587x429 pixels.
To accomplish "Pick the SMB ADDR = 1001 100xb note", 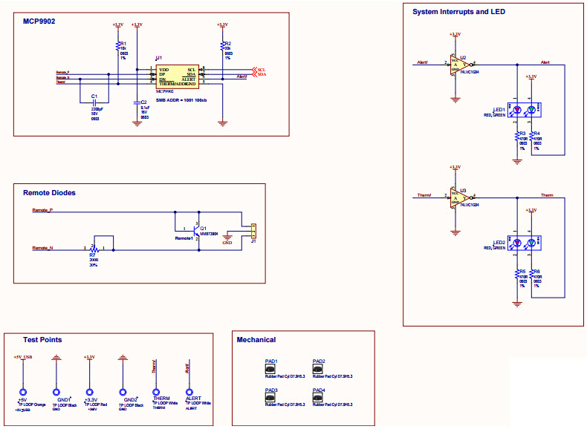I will [181, 99].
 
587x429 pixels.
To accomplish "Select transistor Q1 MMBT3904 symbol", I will [195, 230].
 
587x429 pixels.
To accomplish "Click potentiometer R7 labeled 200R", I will [93, 247].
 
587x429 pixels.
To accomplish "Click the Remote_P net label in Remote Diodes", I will [42, 211].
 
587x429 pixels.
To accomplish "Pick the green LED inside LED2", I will [531, 243].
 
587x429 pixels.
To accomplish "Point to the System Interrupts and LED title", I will [458, 12].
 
